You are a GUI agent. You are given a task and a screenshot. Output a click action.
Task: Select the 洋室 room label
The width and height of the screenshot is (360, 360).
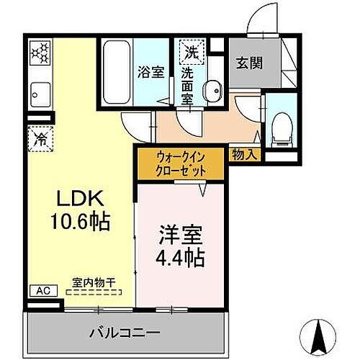point(179,236)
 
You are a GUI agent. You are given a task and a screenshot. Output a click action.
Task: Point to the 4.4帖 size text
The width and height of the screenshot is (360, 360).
point(180,256)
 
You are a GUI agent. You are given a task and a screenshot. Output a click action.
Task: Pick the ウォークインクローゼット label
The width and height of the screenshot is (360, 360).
point(180,163)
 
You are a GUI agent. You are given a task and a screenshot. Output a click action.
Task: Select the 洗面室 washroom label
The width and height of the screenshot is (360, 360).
point(187,85)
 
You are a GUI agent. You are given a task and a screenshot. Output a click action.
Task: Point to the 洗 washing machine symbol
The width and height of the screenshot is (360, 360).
point(192,51)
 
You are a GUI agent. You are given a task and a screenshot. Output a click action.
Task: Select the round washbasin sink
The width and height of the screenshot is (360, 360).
point(211,91)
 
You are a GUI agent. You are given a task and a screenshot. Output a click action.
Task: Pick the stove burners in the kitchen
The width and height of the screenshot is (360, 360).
point(39,53)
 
